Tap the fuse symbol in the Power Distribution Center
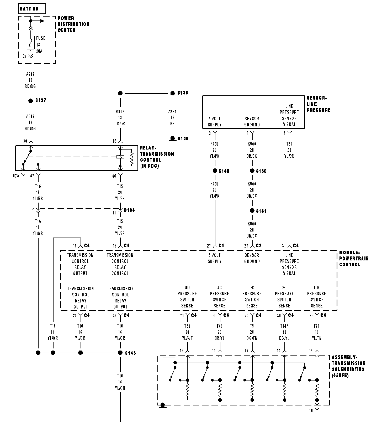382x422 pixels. pyautogui.click(x=31, y=42)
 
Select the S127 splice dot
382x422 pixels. pyautogui.click(x=31, y=101)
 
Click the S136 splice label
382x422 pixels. pyautogui.click(x=183, y=93)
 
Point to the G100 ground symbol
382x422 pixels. pyautogui.click(x=172, y=138)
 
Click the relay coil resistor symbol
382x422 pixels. pyautogui.click(x=132, y=158)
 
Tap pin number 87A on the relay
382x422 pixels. pyautogui.click(x=16, y=176)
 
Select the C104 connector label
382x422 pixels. pyautogui.click(x=129, y=210)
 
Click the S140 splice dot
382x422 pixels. pyautogui.click(x=215, y=171)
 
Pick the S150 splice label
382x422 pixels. pyautogui.click(x=261, y=171)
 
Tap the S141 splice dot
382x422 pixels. pyautogui.click(x=252, y=211)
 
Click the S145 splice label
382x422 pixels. pyautogui.click(x=130, y=353)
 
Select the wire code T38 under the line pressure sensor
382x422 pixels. pyautogui.click(x=289, y=144)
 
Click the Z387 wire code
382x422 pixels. pyautogui.click(x=172, y=112)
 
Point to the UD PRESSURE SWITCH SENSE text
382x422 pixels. pyautogui.click(x=187, y=297)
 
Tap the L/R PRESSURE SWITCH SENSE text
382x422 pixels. pyautogui.click(x=317, y=297)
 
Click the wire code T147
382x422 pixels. pyautogui.click(x=284, y=326)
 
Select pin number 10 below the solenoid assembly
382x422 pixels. pyautogui.click(x=311, y=410)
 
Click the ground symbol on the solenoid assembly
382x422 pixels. pyautogui.click(x=163, y=405)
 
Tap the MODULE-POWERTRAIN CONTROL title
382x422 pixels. pyautogui.click(x=354, y=259)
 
